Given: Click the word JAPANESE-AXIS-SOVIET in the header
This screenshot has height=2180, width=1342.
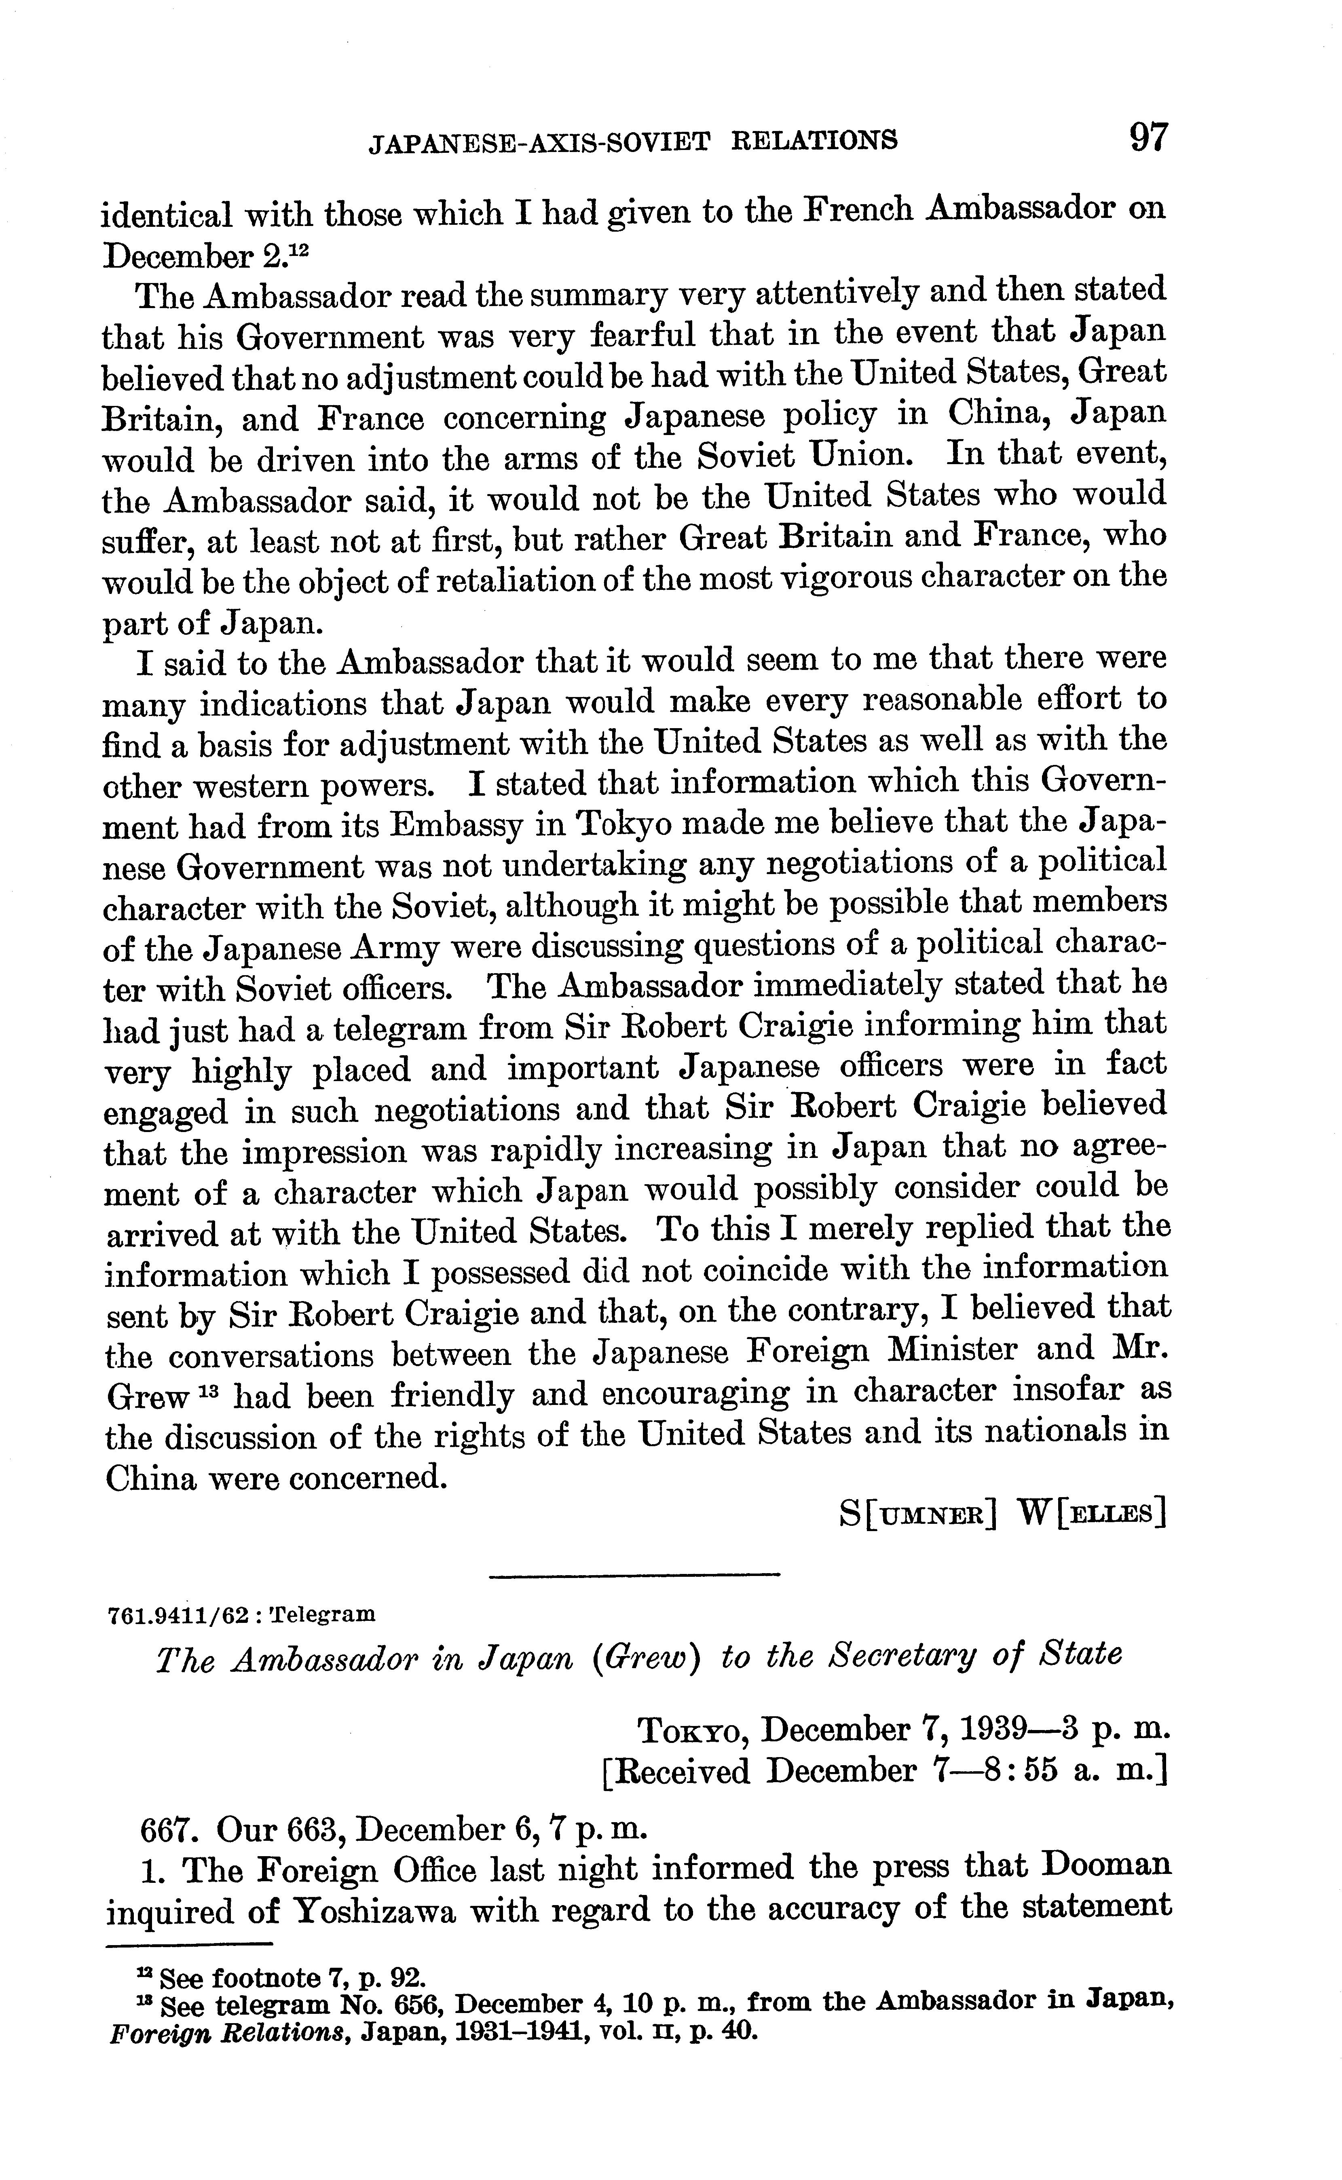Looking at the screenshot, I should (x=540, y=141).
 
